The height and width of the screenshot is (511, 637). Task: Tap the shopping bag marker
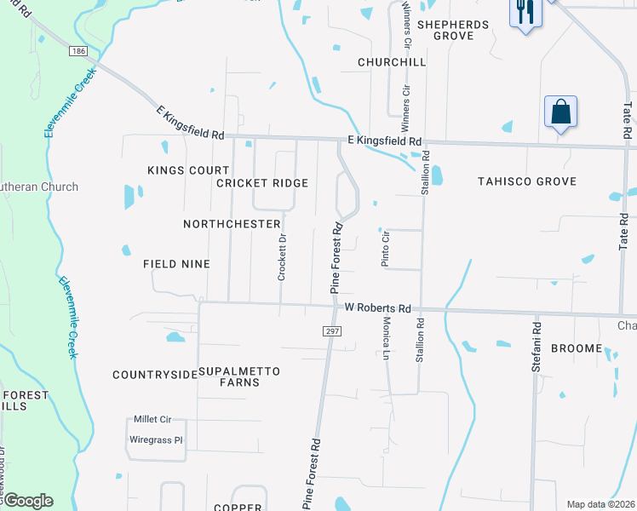pos(560,112)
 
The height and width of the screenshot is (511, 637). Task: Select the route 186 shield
pos(79,52)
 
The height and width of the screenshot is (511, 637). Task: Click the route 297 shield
pos(332,330)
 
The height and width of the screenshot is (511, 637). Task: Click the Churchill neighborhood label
pos(391,62)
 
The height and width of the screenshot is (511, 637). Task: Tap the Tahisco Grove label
pos(527,181)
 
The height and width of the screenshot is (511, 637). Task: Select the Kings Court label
pos(188,170)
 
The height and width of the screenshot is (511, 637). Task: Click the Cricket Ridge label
pos(261,183)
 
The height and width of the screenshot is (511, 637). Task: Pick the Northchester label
pos(232,224)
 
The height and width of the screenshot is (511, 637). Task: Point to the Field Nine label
pos(176,264)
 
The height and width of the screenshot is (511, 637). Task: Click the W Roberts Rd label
pos(377,307)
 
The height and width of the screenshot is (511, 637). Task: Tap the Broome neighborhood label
pos(577,348)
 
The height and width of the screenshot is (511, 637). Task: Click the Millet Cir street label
pos(152,420)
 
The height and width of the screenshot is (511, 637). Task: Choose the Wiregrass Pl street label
pos(156,440)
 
